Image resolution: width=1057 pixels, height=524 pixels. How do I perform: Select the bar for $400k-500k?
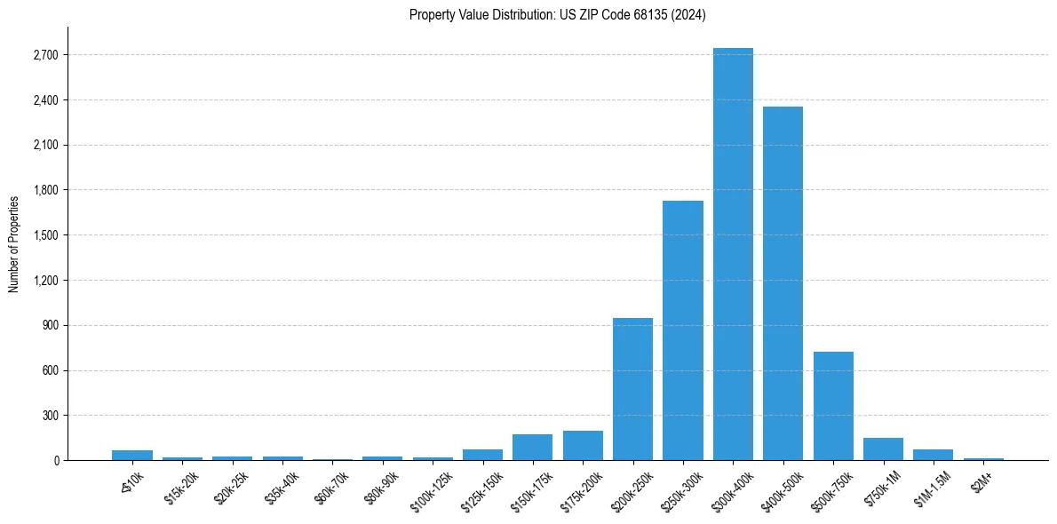pyautogui.click(x=783, y=283)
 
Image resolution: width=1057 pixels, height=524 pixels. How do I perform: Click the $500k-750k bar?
pyautogui.click(x=833, y=406)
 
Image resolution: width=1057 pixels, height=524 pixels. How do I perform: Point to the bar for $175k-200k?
pyautogui.click(x=583, y=446)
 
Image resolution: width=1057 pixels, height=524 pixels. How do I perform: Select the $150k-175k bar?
pyautogui.click(x=532, y=448)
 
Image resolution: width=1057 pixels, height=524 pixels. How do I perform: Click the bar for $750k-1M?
pyautogui.click(x=883, y=449)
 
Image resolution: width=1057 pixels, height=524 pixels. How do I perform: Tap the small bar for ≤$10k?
pyautogui.click(x=131, y=456)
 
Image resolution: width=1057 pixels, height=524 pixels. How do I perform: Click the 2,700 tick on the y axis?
pyautogui.click(x=45, y=55)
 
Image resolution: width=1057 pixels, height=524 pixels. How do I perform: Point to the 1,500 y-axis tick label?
pyautogui.click(x=45, y=235)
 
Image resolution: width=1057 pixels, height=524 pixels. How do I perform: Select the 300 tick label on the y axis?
pyautogui.click(x=50, y=416)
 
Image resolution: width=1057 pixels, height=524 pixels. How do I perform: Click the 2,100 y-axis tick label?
pyautogui.click(x=45, y=146)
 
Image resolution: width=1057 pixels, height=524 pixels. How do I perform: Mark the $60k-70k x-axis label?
pyautogui.click(x=331, y=484)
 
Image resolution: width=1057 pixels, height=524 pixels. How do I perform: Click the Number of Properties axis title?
pyautogui.click(x=14, y=243)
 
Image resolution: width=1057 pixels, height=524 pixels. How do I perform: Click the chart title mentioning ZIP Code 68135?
pyautogui.click(x=558, y=15)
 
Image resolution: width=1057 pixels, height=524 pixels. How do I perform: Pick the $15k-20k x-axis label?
pyautogui.click(x=181, y=484)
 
